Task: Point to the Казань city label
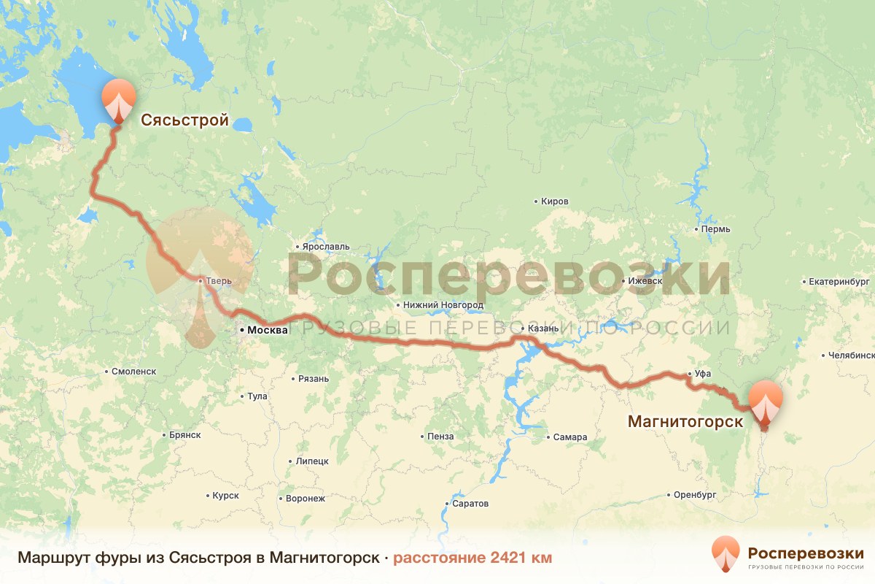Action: pyautogui.click(x=543, y=328)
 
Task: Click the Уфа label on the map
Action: pyautogui.click(x=702, y=374)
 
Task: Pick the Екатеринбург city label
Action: pyautogui.click(x=839, y=281)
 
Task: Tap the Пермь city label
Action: pyautogui.click(x=715, y=229)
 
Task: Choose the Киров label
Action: pyautogui.click(x=554, y=201)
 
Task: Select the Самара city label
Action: pyautogui.click(x=569, y=437)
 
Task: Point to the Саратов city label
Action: pyautogui.click(x=470, y=504)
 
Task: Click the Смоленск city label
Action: pyautogui.click(x=133, y=371)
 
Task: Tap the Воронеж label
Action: pyautogui.click(x=306, y=499)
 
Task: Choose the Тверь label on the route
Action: pyautogui.click(x=219, y=280)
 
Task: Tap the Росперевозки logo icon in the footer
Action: pyautogui.click(x=725, y=553)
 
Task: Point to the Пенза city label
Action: pyautogui.click(x=440, y=437)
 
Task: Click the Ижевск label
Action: pyautogui.click(x=645, y=281)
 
